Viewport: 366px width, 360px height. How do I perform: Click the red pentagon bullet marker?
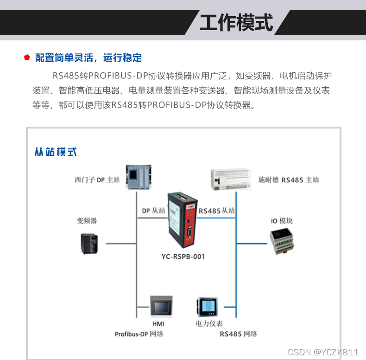tap(27, 57)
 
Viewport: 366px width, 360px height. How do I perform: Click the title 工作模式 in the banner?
tap(236, 22)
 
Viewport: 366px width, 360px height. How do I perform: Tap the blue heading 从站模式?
tap(56, 152)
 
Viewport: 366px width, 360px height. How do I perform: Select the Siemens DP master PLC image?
tap(139, 177)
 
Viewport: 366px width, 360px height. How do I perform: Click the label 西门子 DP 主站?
tap(97, 180)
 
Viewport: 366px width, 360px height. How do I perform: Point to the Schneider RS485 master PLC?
tap(230, 179)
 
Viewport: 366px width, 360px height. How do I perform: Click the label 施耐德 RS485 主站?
tap(289, 180)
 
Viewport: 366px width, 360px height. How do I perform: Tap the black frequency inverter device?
tap(89, 244)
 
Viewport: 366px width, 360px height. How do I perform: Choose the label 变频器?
tap(87, 221)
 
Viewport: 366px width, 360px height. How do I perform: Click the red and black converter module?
tap(183, 220)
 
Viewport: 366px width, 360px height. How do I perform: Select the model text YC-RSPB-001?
tap(183, 257)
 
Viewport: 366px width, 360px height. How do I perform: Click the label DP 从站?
tap(154, 211)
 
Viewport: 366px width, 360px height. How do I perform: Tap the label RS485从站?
tap(217, 211)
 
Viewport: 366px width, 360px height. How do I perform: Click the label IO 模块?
tap(282, 221)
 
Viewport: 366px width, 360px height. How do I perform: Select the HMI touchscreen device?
tap(161, 307)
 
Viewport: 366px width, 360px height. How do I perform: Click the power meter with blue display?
tap(207, 307)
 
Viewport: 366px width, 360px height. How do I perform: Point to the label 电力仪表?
tap(209, 323)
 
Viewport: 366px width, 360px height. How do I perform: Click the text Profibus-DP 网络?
tap(139, 334)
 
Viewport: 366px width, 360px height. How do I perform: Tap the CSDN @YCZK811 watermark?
tap(323, 352)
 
